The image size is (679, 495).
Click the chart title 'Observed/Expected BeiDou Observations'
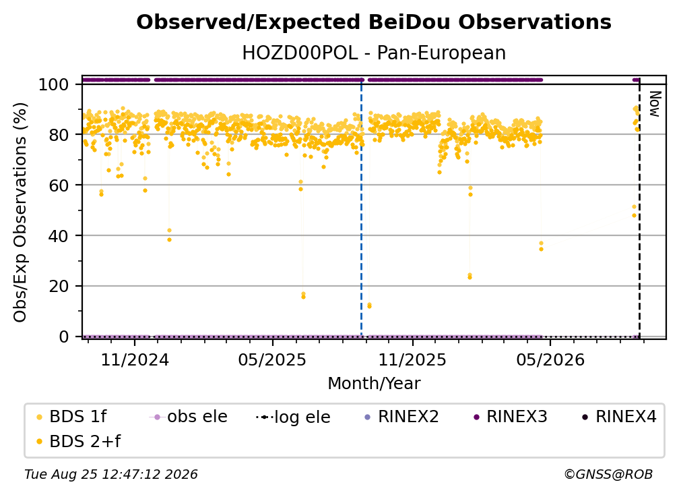pyautogui.click(x=374, y=22)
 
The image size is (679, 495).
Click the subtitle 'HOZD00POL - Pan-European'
pyautogui.click(x=374, y=53)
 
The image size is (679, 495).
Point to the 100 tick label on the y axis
pyautogui.click(x=54, y=84)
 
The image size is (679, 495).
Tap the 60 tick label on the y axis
pyautogui.click(x=59, y=185)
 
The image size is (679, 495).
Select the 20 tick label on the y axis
pyautogui.click(x=59, y=286)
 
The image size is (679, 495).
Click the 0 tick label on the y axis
pyautogui.click(x=64, y=337)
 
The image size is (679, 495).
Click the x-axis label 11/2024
pyautogui.click(x=135, y=359)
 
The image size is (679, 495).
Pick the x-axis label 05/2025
pyautogui.click(x=272, y=359)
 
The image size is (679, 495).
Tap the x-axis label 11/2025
pyautogui.click(x=412, y=359)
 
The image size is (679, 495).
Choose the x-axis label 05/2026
pyautogui.click(x=550, y=359)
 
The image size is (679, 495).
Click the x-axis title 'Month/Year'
pyautogui.click(x=374, y=383)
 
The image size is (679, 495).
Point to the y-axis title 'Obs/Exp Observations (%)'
pyautogui.click(x=20, y=212)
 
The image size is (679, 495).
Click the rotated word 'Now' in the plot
pyautogui.click(x=655, y=104)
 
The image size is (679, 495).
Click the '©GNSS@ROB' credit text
pyautogui.click(x=608, y=474)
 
